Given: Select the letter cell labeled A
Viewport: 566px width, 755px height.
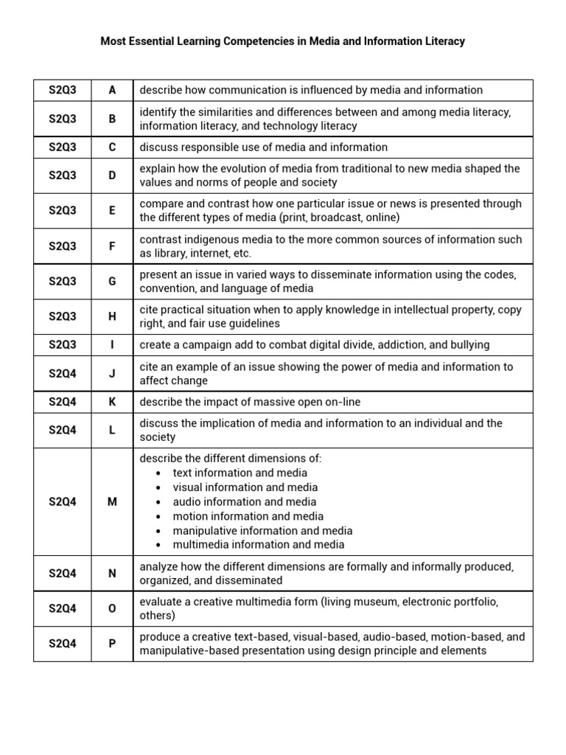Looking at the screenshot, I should (113, 90).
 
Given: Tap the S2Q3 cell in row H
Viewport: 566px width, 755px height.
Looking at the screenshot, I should (63, 316).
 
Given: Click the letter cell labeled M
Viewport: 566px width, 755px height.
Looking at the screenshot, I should (113, 501).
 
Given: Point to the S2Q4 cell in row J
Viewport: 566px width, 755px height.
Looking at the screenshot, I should (63, 373).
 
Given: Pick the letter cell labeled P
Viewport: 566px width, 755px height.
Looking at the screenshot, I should (113, 643).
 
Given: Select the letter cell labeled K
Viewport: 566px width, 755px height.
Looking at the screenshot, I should (113, 402).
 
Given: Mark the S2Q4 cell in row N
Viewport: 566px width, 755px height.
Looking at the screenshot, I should (63, 573).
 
